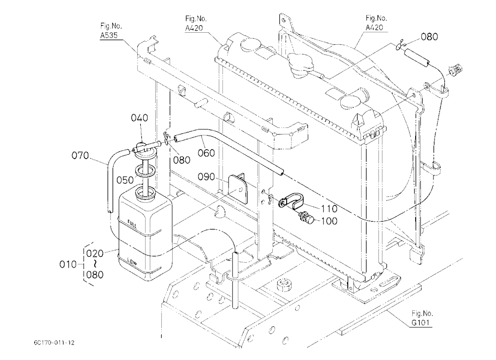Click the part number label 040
click(139, 118)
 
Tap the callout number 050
click(125, 180)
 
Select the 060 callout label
click(206, 153)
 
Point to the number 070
click(80, 155)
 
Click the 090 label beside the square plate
click(206, 177)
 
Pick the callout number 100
click(329, 221)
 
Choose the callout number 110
click(329, 208)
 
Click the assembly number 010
click(68, 264)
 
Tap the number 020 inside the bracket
click(95, 253)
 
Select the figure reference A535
click(109, 35)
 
